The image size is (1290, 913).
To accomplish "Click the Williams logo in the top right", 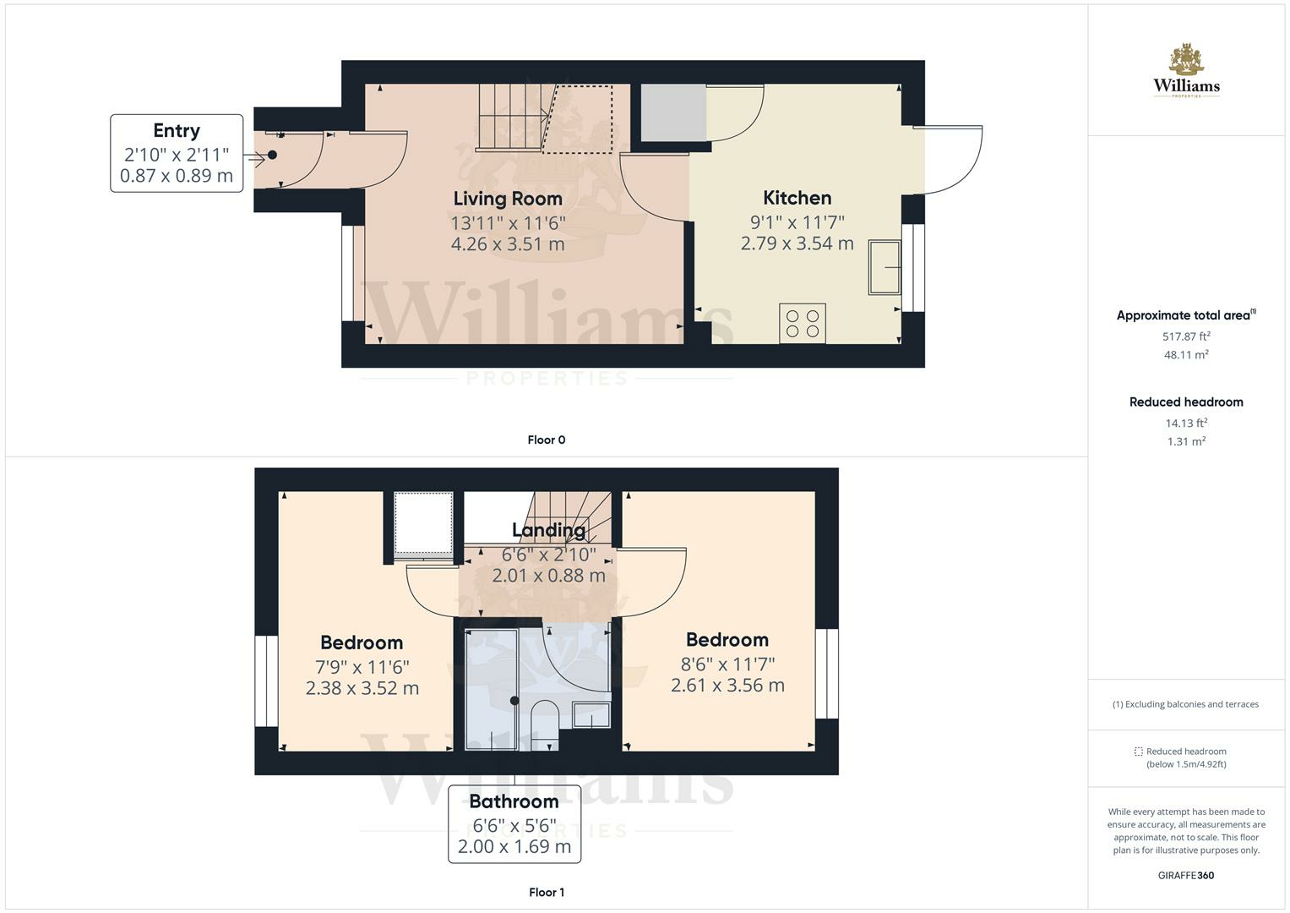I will coord(1186,71).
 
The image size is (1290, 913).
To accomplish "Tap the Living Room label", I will coord(508,199).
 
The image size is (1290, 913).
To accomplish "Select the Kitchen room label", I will coord(797,198).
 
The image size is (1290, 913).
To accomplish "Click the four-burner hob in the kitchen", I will coord(802,323).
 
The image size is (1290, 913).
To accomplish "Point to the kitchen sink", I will coord(884,267).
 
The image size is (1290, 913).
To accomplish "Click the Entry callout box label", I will coord(177,131).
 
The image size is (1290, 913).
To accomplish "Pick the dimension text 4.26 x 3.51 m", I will coord(508,244).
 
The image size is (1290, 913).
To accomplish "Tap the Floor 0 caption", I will coord(546,440).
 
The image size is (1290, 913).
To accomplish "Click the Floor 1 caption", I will coord(546,892).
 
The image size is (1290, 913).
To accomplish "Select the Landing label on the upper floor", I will coord(548,530).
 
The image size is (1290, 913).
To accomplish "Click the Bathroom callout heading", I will coord(514,801).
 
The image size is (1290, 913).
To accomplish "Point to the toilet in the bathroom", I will coord(544,723).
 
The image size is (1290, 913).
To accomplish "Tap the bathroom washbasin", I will coord(591,715).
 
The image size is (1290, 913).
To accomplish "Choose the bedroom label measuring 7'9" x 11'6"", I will coord(362,642).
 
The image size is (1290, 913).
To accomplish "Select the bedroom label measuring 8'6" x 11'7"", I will coord(727,640).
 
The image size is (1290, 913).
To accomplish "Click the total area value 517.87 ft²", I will coord(1186,336).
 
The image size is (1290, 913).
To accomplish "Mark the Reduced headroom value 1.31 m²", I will coord(1186,441).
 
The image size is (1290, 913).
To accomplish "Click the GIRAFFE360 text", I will coord(1185,875).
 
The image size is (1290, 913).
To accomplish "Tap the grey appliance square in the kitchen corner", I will coord(673,112).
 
